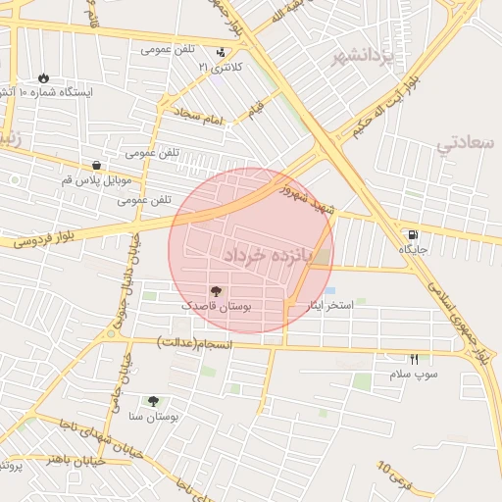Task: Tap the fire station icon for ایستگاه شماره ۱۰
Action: click(44, 77)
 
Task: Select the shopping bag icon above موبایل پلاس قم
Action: click(96, 166)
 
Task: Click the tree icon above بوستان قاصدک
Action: click(216, 291)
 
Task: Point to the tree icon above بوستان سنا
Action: click(153, 401)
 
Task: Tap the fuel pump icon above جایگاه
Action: click(411, 235)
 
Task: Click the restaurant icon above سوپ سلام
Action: click(414, 360)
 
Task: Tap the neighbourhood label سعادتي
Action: click(466, 144)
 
